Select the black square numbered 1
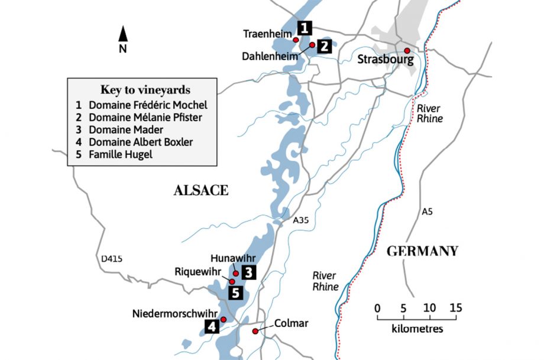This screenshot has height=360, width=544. tap(304, 28)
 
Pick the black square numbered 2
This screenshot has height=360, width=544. tap(324, 47)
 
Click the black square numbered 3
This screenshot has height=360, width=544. tap(249, 273)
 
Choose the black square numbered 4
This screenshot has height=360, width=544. tap(212, 326)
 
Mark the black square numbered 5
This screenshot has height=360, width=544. tap(235, 292)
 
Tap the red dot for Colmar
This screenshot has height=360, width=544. tap(255, 331)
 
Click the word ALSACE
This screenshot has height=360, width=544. tap(200, 190)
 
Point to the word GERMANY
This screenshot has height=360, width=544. tap(422, 251)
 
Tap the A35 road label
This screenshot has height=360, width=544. tap(302, 220)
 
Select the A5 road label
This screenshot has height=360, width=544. tap(427, 211)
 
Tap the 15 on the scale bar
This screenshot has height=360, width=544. tap(455, 308)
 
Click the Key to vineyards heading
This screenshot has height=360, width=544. tap(145, 90)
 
